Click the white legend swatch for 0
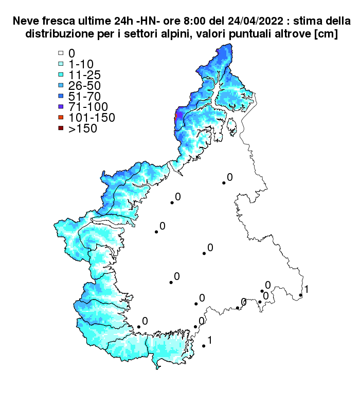tap(60, 53)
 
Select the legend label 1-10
tap(81, 64)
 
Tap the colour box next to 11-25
tap(60, 74)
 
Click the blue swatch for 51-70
tap(60, 96)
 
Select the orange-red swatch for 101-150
tap(60, 118)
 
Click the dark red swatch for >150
tap(60, 128)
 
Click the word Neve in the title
tap(26, 22)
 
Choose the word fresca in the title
tap(56, 22)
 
